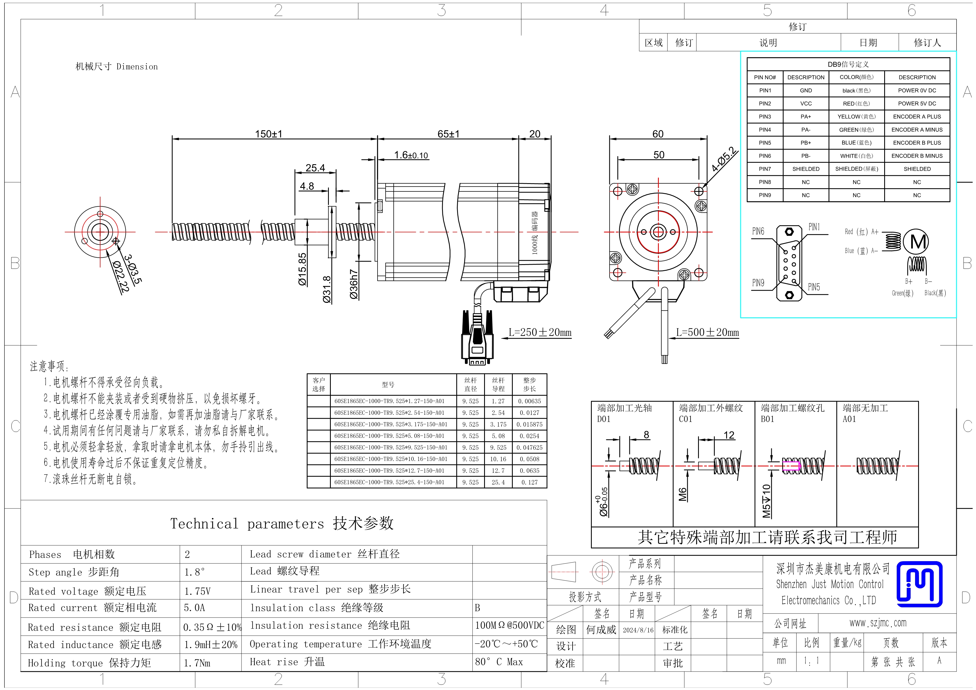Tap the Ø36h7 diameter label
pyautogui.click(x=354, y=284)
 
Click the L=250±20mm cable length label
pyautogui.click(x=540, y=332)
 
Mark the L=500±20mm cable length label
pyautogui.click(x=707, y=332)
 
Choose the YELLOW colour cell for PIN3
pyautogui.click(x=857, y=117)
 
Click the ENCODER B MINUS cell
pyautogui.click(x=917, y=156)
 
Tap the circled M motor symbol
pyautogui.click(x=916, y=242)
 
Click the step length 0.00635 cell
pyautogui.click(x=529, y=401)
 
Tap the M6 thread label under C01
pyautogui.click(x=682, y=494)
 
